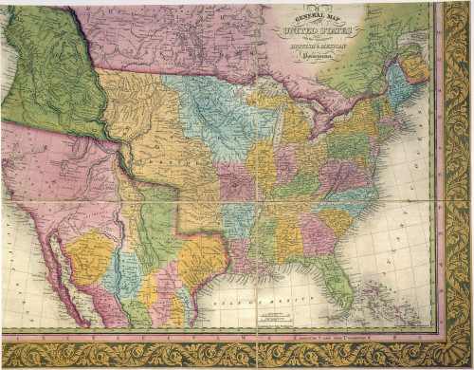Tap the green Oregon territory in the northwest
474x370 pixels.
[52, 85]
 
